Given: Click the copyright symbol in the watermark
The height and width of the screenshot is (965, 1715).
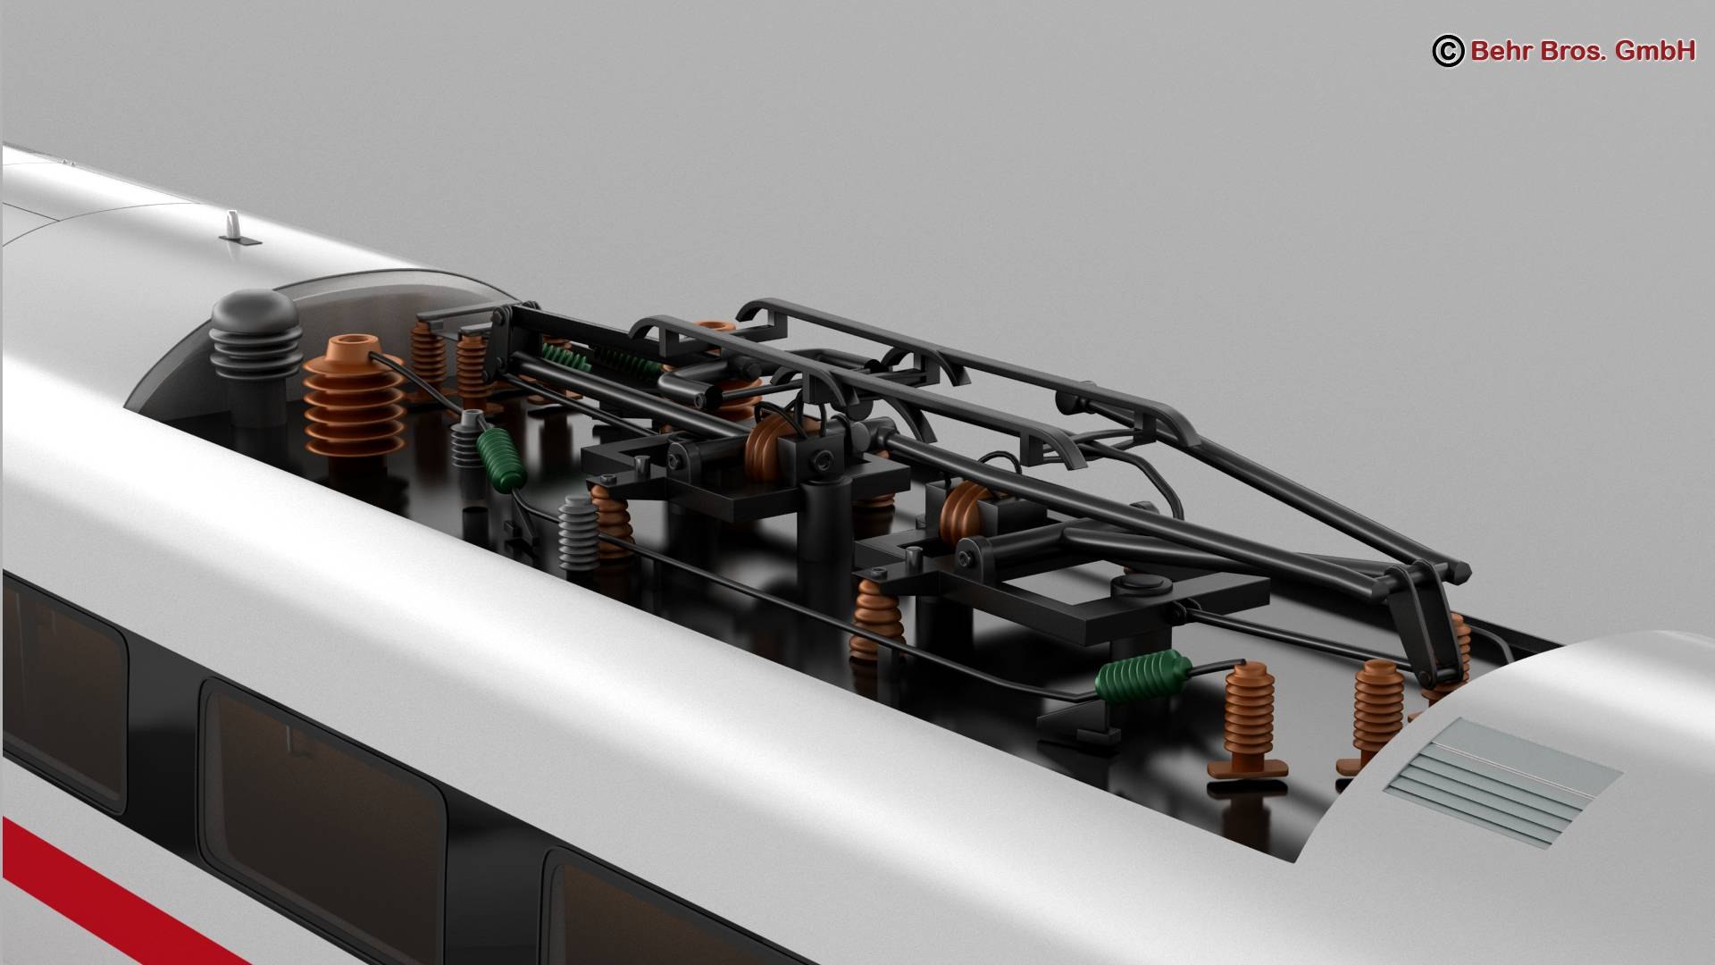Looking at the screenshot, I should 1448,51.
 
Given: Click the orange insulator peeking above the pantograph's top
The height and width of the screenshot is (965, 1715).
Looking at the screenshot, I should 713,329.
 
